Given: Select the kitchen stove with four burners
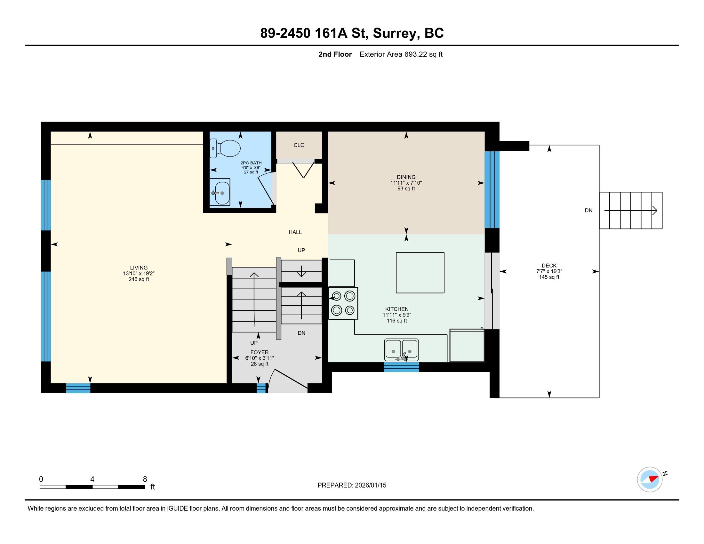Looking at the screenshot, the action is pos(343,303).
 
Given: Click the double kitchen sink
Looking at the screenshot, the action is pos(401,350).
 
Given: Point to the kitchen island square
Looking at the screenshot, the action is pos(420,273).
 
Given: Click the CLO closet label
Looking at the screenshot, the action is pos(299,145).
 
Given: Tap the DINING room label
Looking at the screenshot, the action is pos(406,177).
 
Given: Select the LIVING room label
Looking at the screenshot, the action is pos(139,268).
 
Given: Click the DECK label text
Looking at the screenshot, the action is pos(549,266).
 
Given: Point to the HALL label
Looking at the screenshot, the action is pos(295,232).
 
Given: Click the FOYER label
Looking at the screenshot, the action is pos(260,352).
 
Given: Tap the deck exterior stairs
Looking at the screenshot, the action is pos(630,211).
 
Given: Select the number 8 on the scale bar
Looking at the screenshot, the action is pos(145,479).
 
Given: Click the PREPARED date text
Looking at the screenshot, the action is pos(352,485).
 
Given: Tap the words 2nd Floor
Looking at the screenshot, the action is pos(335,54).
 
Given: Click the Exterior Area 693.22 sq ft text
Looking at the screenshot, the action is pos(401,54).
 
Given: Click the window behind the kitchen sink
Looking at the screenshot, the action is pos(401,367).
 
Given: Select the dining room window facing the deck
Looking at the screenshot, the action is pos(492,189).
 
